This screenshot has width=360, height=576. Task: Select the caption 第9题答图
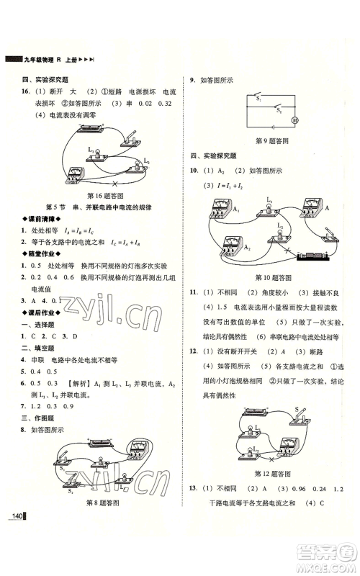(x=274, y=140)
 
